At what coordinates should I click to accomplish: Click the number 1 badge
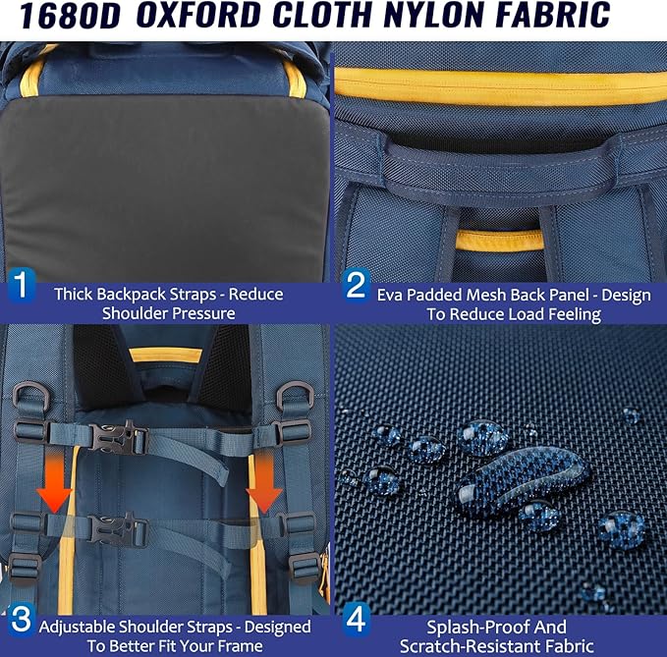pos(21,285)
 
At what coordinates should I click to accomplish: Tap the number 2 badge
pos(356,285)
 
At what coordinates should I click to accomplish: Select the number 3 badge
pos(21,620)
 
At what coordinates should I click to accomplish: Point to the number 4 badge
pos(356,620)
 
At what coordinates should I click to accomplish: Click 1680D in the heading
pos(71,16)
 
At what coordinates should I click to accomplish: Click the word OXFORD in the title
pos(198,16)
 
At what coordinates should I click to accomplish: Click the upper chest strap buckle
pos(117,438)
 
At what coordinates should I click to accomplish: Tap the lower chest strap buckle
pos(118,529)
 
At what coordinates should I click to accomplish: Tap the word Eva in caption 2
pos(390,295)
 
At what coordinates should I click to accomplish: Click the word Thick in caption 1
pos(74,294)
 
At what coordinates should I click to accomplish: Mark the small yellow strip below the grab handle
pos(499,240)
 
